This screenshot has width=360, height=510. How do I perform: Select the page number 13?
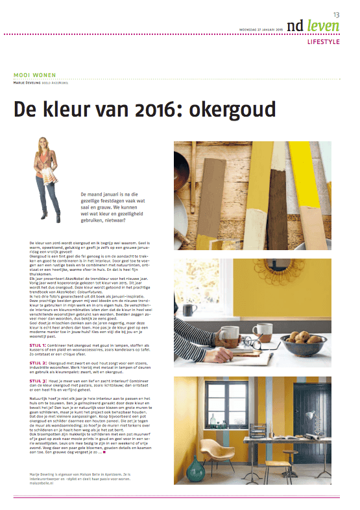coord(337,14)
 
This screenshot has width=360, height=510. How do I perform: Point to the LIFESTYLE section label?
coord(324,43)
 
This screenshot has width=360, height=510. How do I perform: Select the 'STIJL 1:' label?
coord(38,329)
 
